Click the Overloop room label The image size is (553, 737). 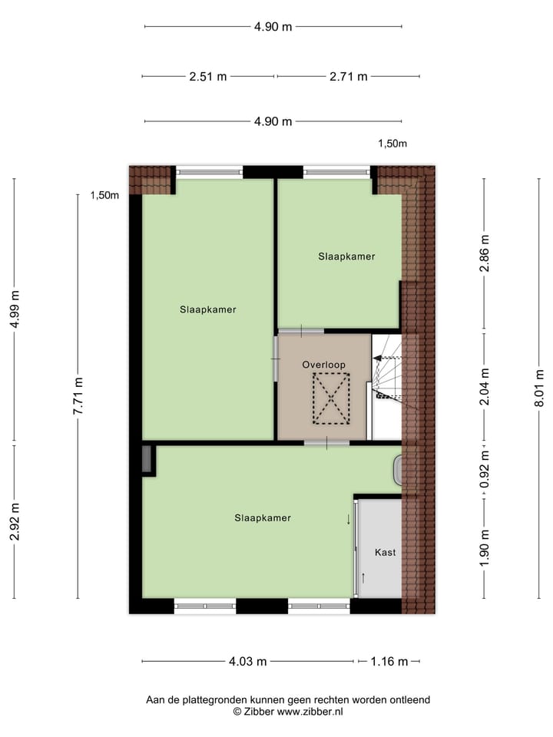[x=323, y=365]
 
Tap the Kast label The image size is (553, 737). [x=385, y=552]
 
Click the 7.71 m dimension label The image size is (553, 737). [x=78, y=395]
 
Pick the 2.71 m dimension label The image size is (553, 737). [x=348, y=76]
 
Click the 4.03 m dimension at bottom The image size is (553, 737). [x=248, y=661]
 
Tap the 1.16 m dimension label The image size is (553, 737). [x=389, y=661]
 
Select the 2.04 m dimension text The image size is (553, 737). [x=484, y=388]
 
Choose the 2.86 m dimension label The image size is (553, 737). [x=484, y=254]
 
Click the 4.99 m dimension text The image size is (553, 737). [x=14, y=309]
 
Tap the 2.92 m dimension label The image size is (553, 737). [x=14, y=521]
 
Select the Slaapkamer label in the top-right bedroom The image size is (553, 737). [x=346, y=256]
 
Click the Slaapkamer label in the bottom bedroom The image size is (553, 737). [x=263, y=518]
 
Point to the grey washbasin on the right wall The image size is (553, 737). [x=398, y=471]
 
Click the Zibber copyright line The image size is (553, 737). [x=288, y=712]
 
